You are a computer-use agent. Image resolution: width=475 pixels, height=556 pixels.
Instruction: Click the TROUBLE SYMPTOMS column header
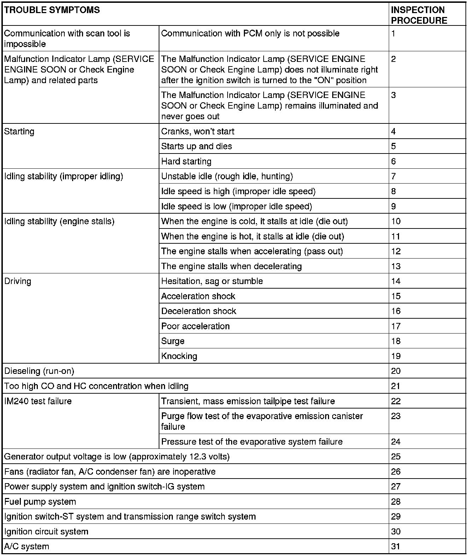(x=52, y=10)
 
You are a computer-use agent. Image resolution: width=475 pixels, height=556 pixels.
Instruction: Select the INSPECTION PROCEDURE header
(x=419, y=15)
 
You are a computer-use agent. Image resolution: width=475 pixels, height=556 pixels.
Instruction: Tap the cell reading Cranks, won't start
(x=198, y=132)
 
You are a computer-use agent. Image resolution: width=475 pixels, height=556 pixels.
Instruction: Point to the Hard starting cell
(x=186, y=161)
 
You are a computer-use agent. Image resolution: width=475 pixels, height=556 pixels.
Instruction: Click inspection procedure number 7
(x=393, y=176)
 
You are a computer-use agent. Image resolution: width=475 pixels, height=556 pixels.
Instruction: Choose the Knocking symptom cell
(x=179, y=356)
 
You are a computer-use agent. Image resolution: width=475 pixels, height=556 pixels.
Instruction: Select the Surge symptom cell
(x=173, y=341)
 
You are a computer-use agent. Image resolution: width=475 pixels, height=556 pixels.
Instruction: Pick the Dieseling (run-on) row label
(x=39, y=371)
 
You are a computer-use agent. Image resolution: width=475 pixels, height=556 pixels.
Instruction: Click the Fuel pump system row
(x=40, y=502)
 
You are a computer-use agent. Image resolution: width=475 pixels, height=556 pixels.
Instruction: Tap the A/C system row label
(x=27, y=546)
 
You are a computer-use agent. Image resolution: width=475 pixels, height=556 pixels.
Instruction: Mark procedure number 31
(x=395, y=546)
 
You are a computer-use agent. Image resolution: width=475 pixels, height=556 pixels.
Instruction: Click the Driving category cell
(x=18, y=281)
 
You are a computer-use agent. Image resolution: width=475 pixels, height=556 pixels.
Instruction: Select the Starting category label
(x=19, y=132)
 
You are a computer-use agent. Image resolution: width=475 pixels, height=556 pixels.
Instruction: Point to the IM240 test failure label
(x=38, y=401)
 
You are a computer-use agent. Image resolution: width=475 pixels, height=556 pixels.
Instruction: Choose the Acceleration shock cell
(x=198, y=296)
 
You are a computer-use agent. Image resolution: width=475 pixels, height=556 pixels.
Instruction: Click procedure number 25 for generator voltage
(x=396, y=457)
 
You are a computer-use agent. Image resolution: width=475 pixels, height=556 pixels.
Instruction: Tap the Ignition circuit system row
(x=46, y=532)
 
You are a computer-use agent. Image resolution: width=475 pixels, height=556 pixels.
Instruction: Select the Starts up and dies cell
(x=197, y=146)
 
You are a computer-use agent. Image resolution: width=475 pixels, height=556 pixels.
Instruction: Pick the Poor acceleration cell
(x=195, y=326)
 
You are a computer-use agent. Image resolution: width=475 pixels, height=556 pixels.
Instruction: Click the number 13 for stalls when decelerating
(x=396, y=266)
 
